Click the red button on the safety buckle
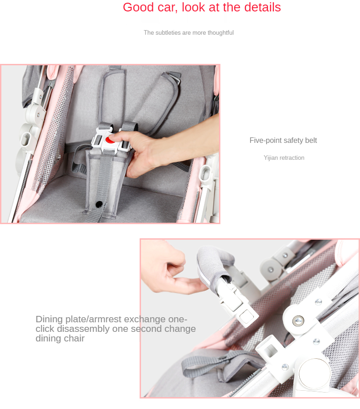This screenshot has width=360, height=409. [x=110, y=140]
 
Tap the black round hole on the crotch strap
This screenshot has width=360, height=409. [x=99, y=204]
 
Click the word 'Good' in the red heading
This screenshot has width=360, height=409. [x=138, y=7]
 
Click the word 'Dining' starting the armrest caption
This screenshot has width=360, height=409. [x=49, y=320]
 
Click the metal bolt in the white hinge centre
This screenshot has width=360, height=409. [x=298, y=320]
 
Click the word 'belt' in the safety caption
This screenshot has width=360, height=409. [x=311, y=140]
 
